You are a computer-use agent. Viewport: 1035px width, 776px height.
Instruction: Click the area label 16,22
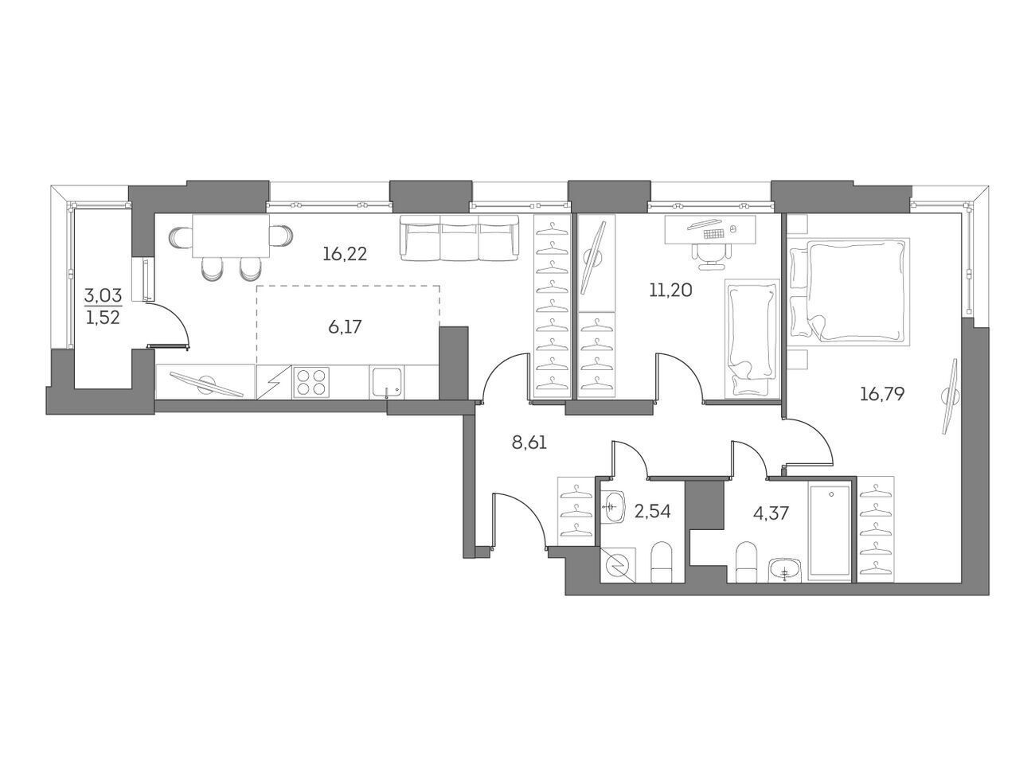click(345, 255)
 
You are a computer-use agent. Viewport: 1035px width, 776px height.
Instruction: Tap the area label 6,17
click(345, 326)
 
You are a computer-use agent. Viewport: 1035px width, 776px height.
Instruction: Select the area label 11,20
click(670, 291)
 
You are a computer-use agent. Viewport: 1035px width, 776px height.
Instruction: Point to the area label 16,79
click(882, 393)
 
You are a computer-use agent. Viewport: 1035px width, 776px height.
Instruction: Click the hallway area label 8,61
click(529, 443)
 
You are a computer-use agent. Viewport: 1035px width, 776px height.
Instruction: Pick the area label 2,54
click(652, 511)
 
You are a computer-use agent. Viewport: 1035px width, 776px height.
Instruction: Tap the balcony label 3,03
click(103, 296)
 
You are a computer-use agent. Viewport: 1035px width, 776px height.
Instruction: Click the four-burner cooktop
click(310, 382)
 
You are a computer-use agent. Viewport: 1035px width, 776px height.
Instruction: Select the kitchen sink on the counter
click(388, 382)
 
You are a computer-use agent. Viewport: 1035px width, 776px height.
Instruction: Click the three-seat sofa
click(459, 238)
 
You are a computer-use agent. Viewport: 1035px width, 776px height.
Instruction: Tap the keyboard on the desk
click(713, 233)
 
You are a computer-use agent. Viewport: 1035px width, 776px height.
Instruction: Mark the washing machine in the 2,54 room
click(618, 565)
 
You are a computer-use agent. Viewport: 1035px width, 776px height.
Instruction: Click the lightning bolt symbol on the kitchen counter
click(274, 382)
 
